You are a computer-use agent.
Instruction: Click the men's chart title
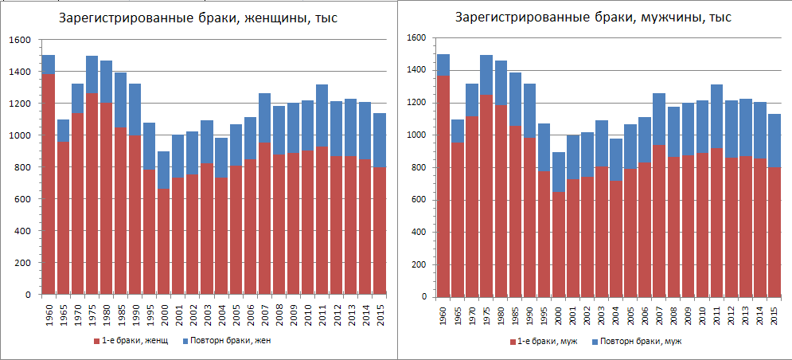click(593, 18)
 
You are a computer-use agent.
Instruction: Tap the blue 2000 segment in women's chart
click(164, 170)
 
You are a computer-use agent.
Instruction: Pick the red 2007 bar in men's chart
click(659, 221)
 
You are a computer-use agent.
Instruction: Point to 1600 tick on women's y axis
click(20, 40)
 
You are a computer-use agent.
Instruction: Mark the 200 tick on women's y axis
click(23, 263)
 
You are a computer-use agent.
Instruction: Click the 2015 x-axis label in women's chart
click(380, 312)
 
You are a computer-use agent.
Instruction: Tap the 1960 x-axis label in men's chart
click(443, 313)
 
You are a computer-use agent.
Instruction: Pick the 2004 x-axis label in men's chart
click(616, 313)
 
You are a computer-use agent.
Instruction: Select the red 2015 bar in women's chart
click(380, 230)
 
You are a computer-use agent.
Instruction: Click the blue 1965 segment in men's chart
click(458, 131)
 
